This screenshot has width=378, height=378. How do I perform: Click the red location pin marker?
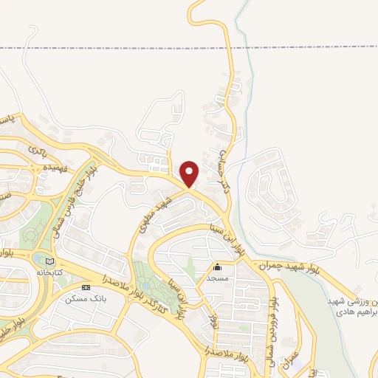tap(190, 173)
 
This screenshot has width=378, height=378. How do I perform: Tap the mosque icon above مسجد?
tap(217, 268)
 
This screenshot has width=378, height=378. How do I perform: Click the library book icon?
tap(49, 261)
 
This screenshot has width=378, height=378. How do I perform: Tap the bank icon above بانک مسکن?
tap(86, 286)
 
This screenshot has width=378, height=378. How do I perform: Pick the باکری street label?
tap(37, 149)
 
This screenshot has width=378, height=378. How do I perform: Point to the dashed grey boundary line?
tap(111, 47)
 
